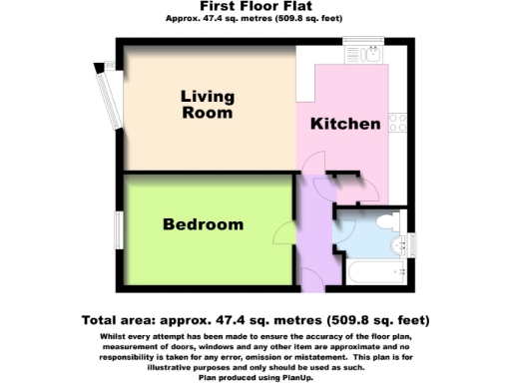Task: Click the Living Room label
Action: [208, 105]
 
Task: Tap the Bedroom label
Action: [204, 224]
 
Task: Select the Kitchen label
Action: [344, 125]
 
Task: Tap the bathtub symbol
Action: [374, 272]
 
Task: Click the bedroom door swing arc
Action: [283, 235]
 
